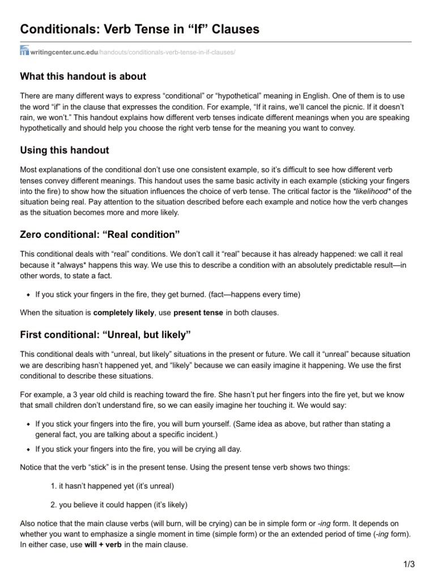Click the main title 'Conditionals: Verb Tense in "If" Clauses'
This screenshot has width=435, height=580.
(x=140, y=30)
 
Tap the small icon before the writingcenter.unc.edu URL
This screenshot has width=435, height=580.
(x=24, y=52)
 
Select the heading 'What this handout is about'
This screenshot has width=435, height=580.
(x=83, y=76)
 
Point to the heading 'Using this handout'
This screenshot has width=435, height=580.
(x=65, y=150)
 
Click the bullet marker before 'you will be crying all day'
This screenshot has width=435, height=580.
(x=28, y=449)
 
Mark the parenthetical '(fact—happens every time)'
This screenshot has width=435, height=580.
(x=254, y=295)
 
